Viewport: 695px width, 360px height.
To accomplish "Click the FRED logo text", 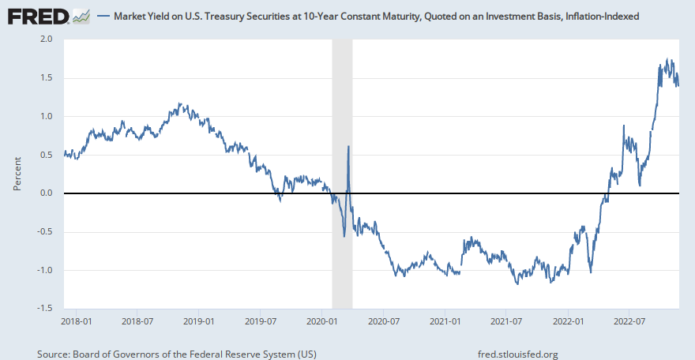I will [37, 15].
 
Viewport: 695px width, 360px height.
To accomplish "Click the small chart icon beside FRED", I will [81, 15].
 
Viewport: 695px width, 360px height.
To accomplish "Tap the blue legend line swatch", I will [103, 16].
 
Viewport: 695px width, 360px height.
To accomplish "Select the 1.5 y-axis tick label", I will [46, 77].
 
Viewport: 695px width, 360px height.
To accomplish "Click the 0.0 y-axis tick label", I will [46, 193].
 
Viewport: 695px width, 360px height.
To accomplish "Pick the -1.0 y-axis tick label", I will [44, 271].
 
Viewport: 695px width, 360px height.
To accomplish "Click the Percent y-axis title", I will [18, 173].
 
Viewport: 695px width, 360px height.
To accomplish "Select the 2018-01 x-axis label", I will [76, 321].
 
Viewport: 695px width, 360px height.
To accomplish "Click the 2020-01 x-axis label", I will [322, 321].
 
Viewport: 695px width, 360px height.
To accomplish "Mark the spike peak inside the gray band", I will [348, 146].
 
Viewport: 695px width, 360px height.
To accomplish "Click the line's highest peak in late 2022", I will [667, 59].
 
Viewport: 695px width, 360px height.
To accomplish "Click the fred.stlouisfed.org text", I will [518, 354].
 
